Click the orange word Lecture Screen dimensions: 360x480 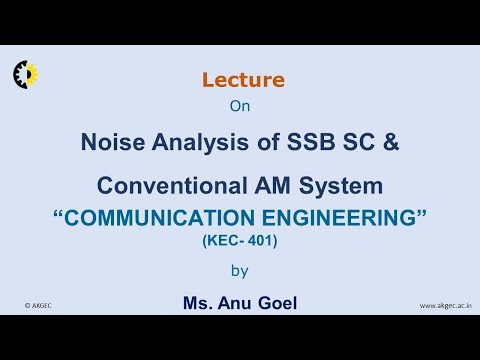pyautogui.click(x=243, y=80)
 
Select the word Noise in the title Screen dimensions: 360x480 pyautogui.click(x=112, y=142)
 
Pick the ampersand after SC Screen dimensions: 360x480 pyautogui.click(x=391, y=142)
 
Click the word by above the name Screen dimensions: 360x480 pyautogui.click(x=240, y=269)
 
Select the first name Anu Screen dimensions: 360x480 pyautogui.click(x=243, y=301)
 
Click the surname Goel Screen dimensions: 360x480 pyautogui.click(x=281, y=301)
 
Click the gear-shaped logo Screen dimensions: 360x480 pyautogui.click(x=24, y=73)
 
